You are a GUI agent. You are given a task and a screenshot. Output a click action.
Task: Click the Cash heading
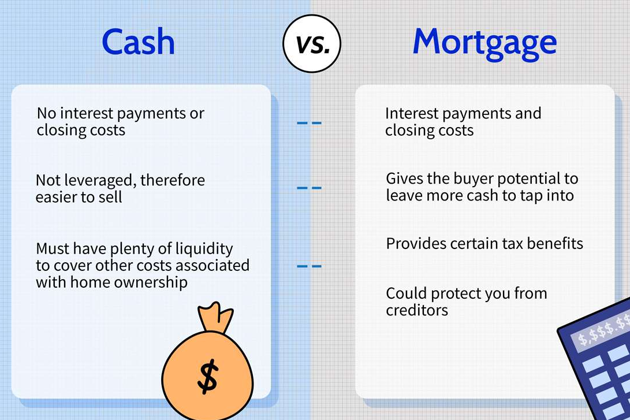138,42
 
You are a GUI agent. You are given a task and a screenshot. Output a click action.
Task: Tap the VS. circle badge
312,43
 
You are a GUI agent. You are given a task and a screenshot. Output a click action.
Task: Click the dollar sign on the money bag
208,376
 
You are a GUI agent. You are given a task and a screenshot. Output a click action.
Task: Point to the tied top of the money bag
215,317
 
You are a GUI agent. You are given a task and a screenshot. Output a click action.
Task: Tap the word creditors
417,310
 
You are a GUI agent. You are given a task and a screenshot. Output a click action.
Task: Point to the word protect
456,294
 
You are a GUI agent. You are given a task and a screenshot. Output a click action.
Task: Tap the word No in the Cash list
46,114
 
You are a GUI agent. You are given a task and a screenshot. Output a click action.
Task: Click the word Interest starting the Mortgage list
411,114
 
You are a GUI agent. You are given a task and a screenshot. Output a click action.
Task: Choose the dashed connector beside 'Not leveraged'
309,188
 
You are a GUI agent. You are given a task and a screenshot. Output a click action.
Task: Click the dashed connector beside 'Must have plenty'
309,266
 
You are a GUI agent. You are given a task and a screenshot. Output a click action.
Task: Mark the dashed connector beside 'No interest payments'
309,122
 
